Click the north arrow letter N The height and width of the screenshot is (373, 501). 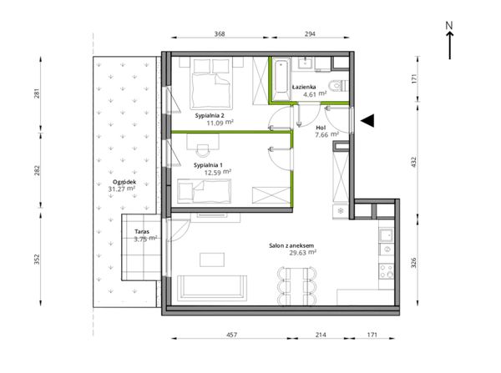click(449, 25)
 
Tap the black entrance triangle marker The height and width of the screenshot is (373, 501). click(367, 120)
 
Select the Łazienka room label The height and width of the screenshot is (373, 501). click(304, 87)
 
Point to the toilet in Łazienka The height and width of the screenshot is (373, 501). click(337, 86)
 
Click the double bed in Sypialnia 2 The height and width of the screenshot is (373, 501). click(211, 83)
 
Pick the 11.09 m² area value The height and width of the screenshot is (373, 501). click(220, 123)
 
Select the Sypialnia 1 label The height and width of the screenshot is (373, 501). click(208, 165)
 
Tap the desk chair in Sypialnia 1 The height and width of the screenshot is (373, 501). click(203, 149)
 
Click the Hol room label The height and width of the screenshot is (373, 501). click(321, 128)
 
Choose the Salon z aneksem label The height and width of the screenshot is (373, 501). click(291, 245)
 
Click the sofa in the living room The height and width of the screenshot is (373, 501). click(212, 288)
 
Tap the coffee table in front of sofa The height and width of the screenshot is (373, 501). click(212, 260)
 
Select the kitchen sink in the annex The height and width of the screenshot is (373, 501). click(387, 235)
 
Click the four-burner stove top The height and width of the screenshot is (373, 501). click(387, 271)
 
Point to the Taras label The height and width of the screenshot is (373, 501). click(142, 232)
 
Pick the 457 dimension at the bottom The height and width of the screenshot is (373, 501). click(231, 335)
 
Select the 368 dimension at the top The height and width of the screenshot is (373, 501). click(220, 34)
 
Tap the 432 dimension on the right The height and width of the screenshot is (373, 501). click(414, 162)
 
